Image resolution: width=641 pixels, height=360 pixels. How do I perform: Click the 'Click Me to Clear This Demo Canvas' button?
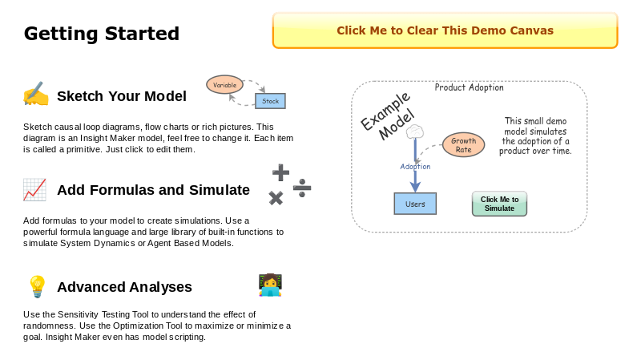(x=445, y=30)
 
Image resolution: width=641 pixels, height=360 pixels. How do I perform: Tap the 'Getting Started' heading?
(x=102, y=34)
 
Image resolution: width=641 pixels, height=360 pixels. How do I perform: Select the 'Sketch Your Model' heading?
(x=121, y=96)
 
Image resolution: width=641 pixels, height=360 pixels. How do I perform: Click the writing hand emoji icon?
(x=35, y=95)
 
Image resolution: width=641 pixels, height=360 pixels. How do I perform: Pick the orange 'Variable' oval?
(x=224, y=85)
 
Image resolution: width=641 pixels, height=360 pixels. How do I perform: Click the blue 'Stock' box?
(x=271, y=101)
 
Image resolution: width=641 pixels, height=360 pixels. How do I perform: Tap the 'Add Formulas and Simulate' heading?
(x=153, y=190)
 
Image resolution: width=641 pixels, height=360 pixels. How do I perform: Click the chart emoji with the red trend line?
(x=34, y=190)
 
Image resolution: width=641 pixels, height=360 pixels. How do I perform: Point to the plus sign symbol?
(x=280, y=172)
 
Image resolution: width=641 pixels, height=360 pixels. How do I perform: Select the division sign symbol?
(x=302, y=188)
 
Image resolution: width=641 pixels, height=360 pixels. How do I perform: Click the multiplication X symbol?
(x=276, y=198)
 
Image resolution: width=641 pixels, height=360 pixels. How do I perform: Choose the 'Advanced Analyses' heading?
(x=124, y=287)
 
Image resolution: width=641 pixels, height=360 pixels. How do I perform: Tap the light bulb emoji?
(x=37, y=286)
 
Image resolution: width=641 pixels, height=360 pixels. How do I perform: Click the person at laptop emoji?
(x=270, y=285)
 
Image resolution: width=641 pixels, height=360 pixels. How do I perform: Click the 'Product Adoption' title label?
(x=469, y=88)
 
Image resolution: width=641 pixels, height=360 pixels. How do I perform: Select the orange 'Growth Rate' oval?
(x=463, y=145)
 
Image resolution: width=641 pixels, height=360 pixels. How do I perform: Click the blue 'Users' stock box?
(x=415, y=204)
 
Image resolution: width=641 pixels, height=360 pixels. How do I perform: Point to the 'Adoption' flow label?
(x=415, y=167)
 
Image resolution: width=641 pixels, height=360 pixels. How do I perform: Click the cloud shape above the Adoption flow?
(x=415, y=131)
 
